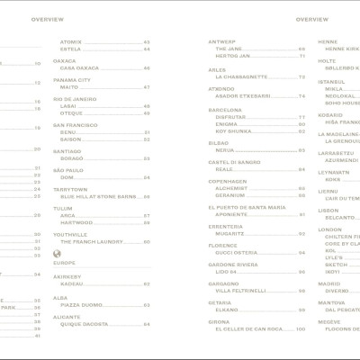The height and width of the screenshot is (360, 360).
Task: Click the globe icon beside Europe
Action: (x=58, y=253)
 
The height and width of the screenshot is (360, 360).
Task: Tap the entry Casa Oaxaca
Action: (x=79, y=67)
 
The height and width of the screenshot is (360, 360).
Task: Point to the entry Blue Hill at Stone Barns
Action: (x=98, y=195)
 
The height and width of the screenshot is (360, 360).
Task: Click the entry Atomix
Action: (x=71, y=41)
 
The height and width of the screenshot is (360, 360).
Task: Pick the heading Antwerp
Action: (x=221, y=41)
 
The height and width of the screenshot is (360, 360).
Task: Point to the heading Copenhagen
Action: (x=228, y=181)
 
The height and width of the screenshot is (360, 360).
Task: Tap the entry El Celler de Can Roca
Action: (x=248, y=328)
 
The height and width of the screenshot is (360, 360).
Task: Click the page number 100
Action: (x=301, y=328)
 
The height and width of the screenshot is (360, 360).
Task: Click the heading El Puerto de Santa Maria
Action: (x=247, y=207)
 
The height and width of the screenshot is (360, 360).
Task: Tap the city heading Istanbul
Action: (x=331, y=81)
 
